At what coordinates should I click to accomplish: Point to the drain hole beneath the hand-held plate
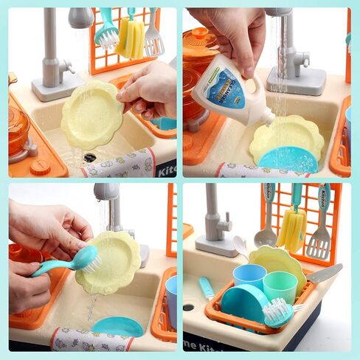tap(89, 156)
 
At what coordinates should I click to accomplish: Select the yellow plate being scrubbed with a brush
tap(111, 262)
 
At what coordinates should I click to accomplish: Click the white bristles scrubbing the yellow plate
tap(89, 260)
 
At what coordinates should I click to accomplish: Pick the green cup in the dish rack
tap(280, 286)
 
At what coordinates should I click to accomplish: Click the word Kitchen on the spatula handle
tap(323, 206)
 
